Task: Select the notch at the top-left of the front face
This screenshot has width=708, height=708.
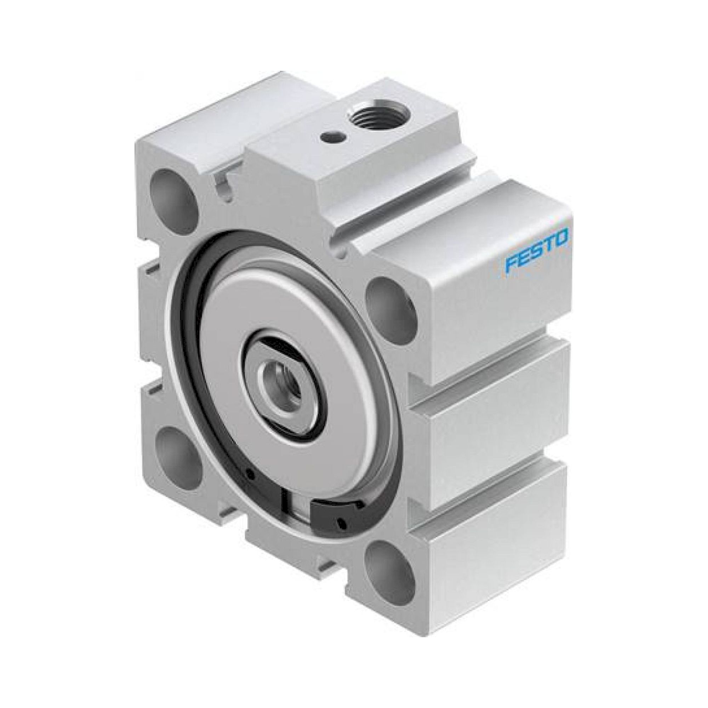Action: (224, 185)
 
